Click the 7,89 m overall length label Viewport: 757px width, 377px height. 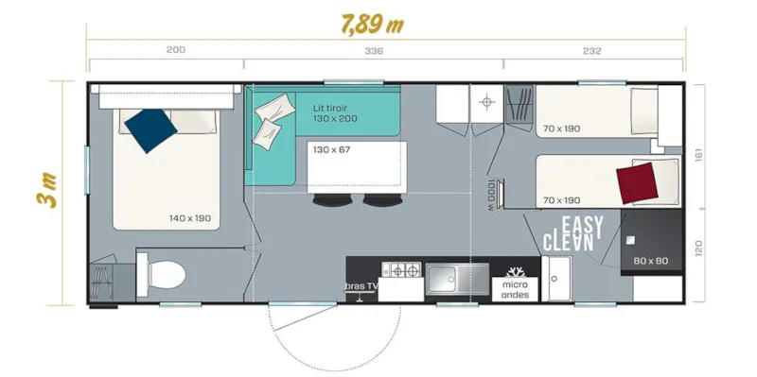pyautogui.click(x=371, y=24)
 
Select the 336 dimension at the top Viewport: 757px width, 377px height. pyautogui.click(x=373, y=51)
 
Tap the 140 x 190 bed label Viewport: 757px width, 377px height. pyautogui.click(x=191, y=219)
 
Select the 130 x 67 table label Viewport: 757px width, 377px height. pyautogui.click(x=331, y=149)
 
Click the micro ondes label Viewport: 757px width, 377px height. pyautogui.click(x=517, y=288)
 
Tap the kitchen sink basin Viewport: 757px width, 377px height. pyautogui.click(x=456, y=278)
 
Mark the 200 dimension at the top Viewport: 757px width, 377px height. pyautogui.click(x=175, y=51)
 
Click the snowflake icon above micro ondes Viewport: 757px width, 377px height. pyautogui.click(x=517, y=268)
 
